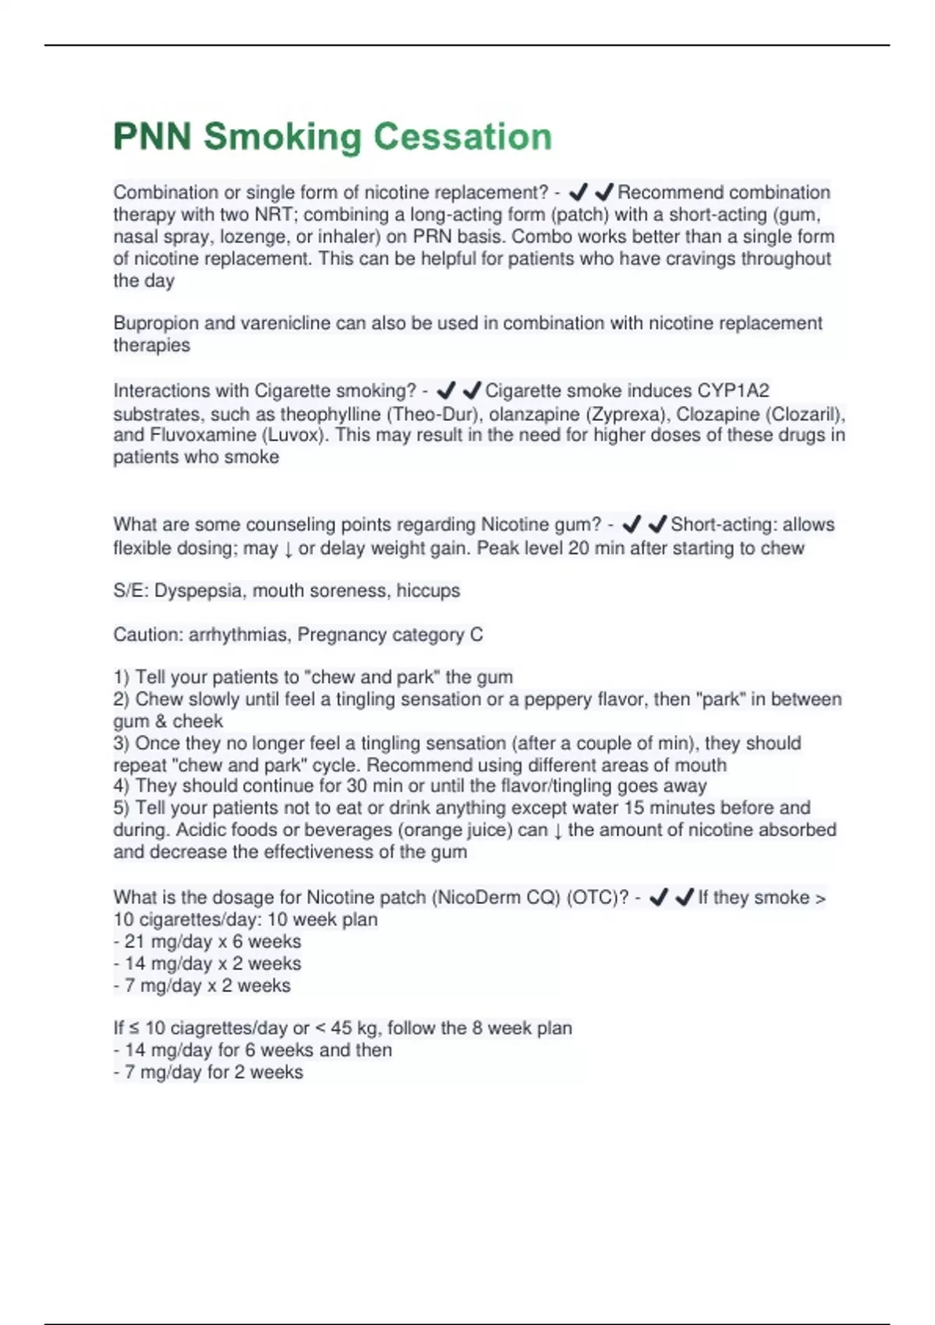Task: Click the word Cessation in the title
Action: point(462,136)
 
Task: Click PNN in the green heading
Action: point(153,136)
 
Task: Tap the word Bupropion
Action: point(151,323)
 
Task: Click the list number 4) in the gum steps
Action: point(122,786)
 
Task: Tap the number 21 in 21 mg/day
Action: point(135,942)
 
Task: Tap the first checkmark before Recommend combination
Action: point(577,192)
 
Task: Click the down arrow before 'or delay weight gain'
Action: point(288,549)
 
